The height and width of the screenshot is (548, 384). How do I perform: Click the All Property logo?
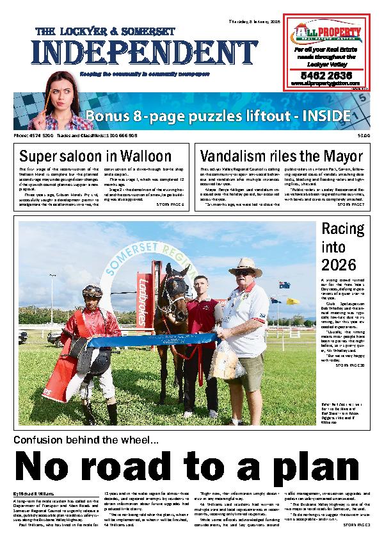pos(326,33)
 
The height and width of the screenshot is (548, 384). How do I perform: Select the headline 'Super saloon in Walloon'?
pos(95,156)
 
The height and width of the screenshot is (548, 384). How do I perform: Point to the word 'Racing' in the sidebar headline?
pos(342,229)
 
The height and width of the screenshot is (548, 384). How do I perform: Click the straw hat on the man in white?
pos(245,266)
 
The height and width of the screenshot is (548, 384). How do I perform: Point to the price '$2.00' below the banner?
pos(364,136)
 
